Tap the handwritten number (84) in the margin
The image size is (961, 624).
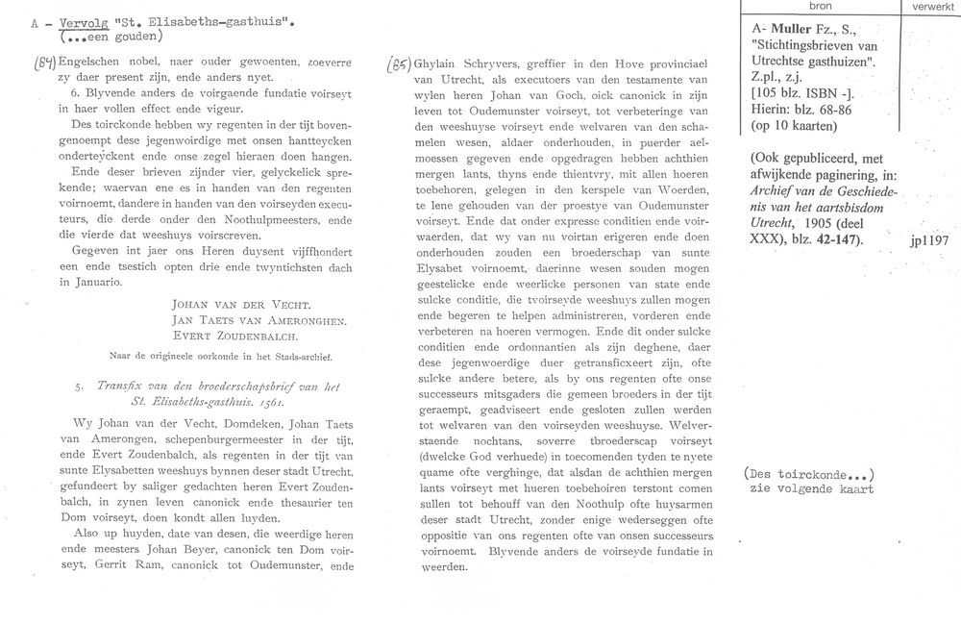17,64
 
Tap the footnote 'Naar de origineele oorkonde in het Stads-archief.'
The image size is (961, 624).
202,357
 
